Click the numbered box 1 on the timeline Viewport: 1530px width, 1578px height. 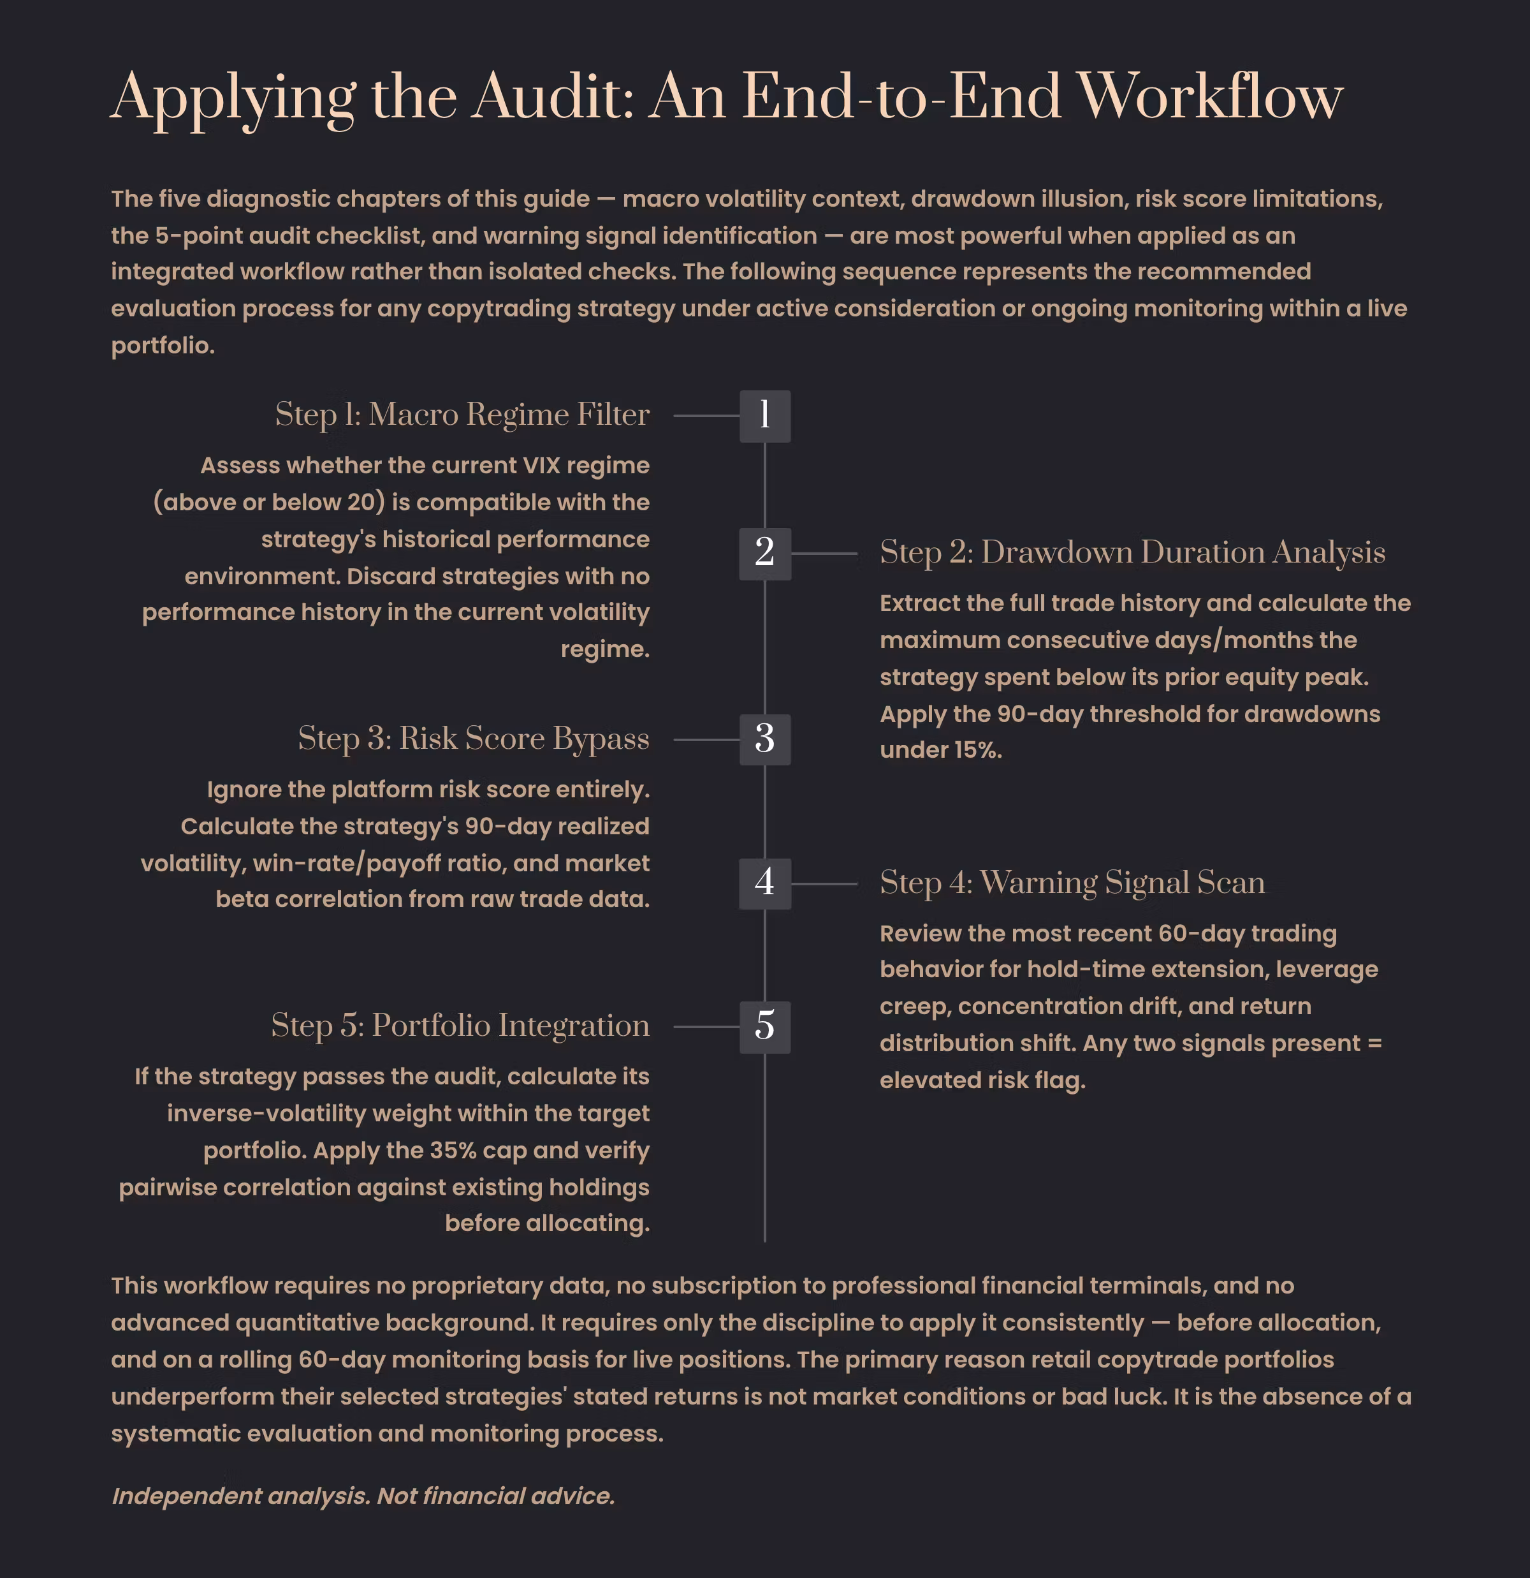click(764, 415)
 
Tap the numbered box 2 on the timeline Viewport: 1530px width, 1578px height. click(764, 554)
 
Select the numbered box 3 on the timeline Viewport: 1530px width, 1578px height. click(764, 739)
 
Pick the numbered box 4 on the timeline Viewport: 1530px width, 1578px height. click(764, 883)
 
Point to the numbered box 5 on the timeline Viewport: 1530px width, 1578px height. click(764, 1026)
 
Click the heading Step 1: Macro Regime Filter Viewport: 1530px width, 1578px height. click(462, 415)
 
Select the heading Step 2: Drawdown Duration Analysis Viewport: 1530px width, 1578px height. click(1132, 552)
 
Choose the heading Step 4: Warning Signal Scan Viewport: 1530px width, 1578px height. click(1072, 882)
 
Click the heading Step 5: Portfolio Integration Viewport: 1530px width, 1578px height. click(460, 1026)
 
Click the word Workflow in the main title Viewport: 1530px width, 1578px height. click(1210, 96)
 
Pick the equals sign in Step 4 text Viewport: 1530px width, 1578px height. click(1374, 1043)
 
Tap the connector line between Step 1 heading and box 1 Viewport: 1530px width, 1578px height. click(706, 415)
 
